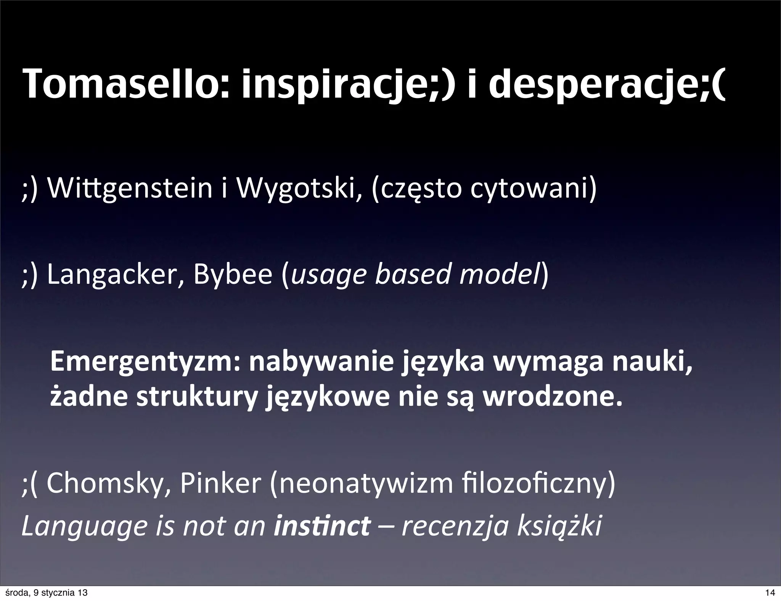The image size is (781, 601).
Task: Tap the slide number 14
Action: pyautogui.click(x=770, y=593)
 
